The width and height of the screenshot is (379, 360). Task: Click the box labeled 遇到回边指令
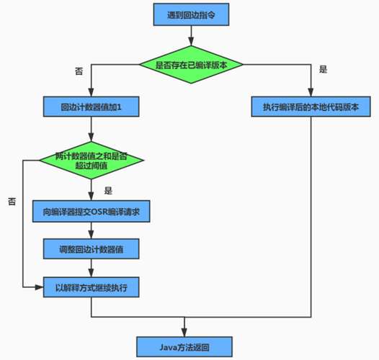coord(190,12)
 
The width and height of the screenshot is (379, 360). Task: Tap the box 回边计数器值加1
coord(91,108)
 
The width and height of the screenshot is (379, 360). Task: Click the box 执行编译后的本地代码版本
coord(311,108)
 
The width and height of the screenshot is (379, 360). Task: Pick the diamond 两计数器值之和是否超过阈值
coord(91,160)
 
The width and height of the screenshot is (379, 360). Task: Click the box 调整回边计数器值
coord(91,250)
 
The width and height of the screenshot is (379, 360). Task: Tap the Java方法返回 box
coord(185,345)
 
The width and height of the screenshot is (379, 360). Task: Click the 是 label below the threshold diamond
coord(108,192)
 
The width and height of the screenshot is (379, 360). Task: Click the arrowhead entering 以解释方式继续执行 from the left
coord(39,287)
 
